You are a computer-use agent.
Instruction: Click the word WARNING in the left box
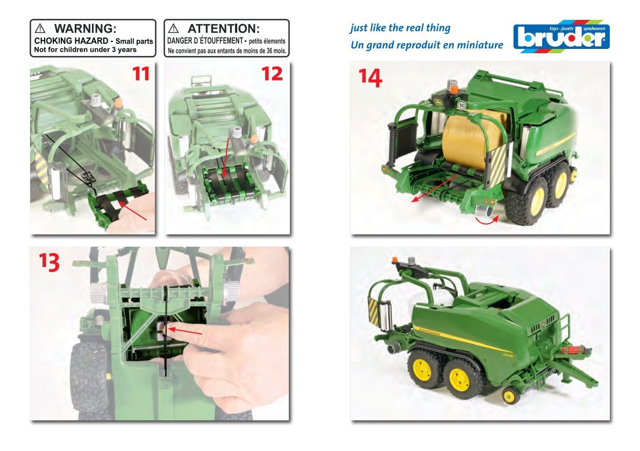pos(85,28)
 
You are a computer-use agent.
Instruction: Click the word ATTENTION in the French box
pos(223,28)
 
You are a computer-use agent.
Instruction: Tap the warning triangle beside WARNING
pos(40,28)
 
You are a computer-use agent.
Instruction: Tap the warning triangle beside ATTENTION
pos(174,28)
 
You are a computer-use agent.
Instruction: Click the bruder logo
pos(561,37)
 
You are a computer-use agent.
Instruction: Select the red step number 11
pos(141,74)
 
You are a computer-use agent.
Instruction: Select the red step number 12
pos(272,74)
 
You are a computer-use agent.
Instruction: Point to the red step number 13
pos(49,262)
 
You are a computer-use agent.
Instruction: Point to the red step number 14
pos(370,77)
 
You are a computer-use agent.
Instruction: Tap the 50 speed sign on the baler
pos(461,105)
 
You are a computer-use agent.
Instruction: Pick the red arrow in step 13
pos(185,331)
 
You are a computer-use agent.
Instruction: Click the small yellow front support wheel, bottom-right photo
pos(510,396)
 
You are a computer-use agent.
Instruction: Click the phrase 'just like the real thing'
pos(400,28)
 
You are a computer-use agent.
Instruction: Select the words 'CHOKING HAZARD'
pos(71,41)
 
